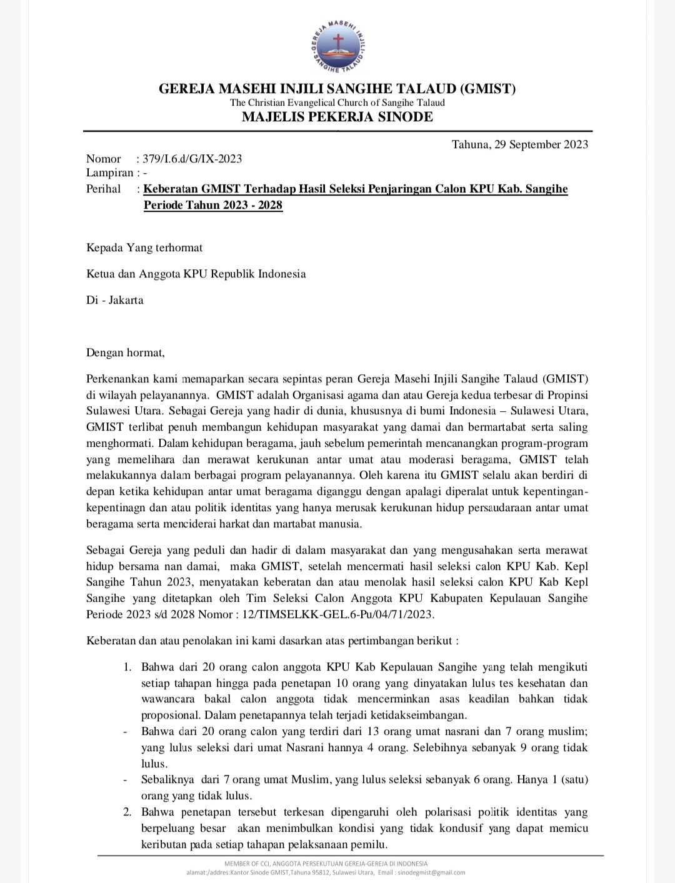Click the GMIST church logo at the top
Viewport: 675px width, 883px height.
click(337, 47)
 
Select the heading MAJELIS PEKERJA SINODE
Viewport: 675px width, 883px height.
click(337, 117)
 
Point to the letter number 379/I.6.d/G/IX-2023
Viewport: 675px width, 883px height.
click(192, 159)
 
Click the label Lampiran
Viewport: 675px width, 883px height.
click(110, 173)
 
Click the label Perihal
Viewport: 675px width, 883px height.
click(104, 189)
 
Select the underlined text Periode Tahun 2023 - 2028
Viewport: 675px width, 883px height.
click(213, 205)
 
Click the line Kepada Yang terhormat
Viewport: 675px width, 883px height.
click(144, 247)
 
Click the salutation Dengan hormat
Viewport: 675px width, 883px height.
click(125, 352)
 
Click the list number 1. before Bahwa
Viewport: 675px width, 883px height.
click(127, 667)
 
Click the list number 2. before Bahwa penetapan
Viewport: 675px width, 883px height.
click(127, 812)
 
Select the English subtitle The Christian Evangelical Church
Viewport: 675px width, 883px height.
click(337, 102)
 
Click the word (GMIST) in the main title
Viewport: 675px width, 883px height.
click(487, 89)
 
